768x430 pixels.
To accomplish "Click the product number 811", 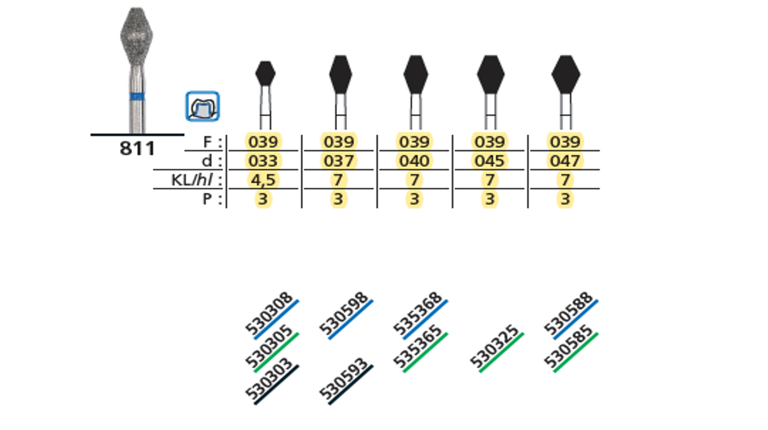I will tap(137, 148).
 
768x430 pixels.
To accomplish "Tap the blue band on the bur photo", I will tap(137, 96).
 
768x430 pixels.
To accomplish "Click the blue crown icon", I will tap(203, 106).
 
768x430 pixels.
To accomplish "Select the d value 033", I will tap(263, 161).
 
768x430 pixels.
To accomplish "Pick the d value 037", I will tap(339, 161).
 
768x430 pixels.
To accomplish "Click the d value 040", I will tap(414, 161).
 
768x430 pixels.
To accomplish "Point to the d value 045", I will tap(489, 161).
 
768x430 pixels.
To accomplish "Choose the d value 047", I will tap(565, 161).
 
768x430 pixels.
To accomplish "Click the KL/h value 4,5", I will tap(263, 180).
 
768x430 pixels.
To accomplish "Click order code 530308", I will tap(270, 313).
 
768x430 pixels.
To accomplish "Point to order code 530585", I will tap(569, 347).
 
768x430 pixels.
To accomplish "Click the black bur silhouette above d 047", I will tap(565, 74).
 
